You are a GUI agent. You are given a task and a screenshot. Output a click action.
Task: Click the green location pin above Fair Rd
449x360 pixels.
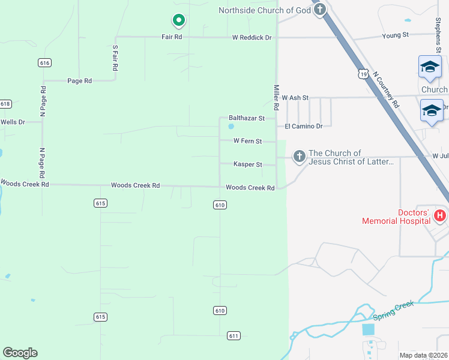[x=178, y=21]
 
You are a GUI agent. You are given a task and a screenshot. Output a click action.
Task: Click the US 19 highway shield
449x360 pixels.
[x=362, y=74]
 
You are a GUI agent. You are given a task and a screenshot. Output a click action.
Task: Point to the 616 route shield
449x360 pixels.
[x=44, y=62]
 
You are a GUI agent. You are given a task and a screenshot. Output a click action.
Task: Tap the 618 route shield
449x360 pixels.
[x=5, y=104]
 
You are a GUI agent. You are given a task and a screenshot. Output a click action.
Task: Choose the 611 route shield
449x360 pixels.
[x=234, y=335]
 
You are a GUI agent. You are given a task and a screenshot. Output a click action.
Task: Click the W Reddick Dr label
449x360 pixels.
[x=252, y=38]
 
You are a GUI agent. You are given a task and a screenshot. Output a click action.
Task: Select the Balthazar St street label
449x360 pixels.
[x=247, y=119]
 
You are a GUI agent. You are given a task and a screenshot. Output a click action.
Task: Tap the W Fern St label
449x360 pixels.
[x=248, y=142]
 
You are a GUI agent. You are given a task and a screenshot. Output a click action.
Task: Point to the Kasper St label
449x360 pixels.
[x=248, y=164]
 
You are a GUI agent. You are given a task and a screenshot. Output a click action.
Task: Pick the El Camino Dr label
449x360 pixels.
[x=304, y=127]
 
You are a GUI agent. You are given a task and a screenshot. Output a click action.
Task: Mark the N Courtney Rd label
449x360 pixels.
[x=385, y=89]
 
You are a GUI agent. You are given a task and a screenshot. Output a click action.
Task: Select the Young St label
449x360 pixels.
[x=395, y=35]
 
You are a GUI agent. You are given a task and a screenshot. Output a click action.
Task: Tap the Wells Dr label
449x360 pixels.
[x=13, y=122]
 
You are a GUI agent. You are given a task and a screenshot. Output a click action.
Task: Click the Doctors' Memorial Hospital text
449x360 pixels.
[x=396, y=217]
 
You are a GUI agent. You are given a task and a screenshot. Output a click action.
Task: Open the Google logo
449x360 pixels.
[x=20, y=353]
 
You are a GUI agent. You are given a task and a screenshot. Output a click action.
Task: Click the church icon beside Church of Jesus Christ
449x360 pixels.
[x=299, y=157]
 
